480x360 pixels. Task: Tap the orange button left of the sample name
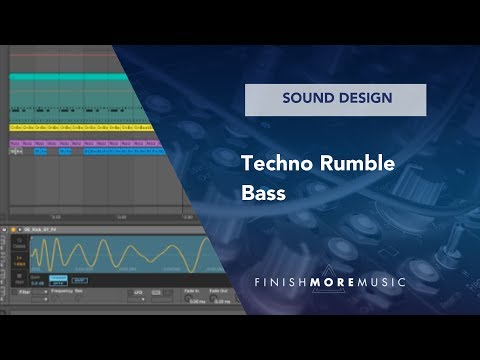(x=12, y=229)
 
